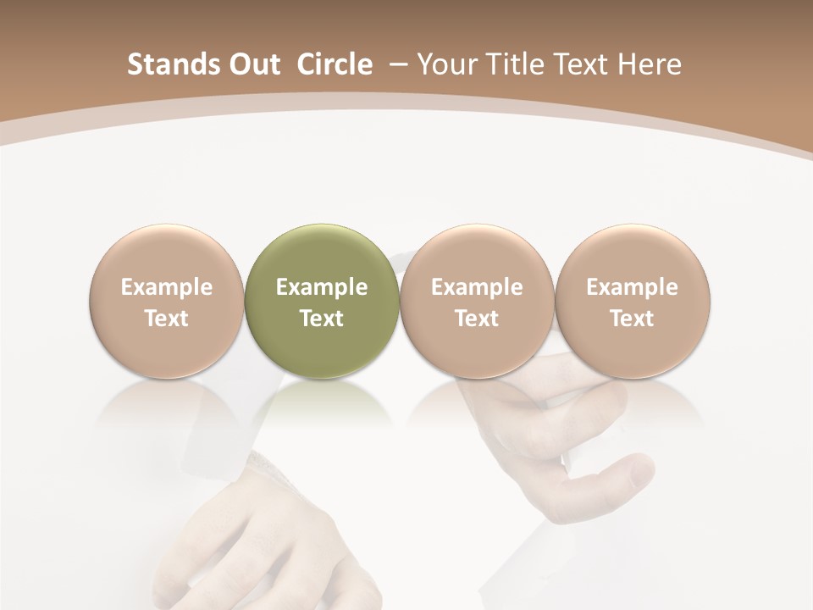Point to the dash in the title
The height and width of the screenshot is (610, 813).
tap(395, 65)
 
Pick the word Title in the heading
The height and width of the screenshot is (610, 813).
tap(514, 64)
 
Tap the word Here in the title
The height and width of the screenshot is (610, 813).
tap(650, 64)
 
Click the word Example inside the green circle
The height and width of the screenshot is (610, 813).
tap(322, 287)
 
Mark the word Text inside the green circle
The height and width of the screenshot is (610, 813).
tap(322, 319)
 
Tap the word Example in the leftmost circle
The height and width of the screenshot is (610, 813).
tap(167, 287)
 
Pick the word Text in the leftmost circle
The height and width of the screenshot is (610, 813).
tap(167, 319)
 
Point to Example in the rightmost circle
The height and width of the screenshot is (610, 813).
tap(633, 287)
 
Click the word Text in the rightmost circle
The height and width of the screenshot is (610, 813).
tap(633, 319)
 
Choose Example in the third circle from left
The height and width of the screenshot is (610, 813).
tap(477, 287)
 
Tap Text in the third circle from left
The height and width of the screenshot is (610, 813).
tap(477, 319)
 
